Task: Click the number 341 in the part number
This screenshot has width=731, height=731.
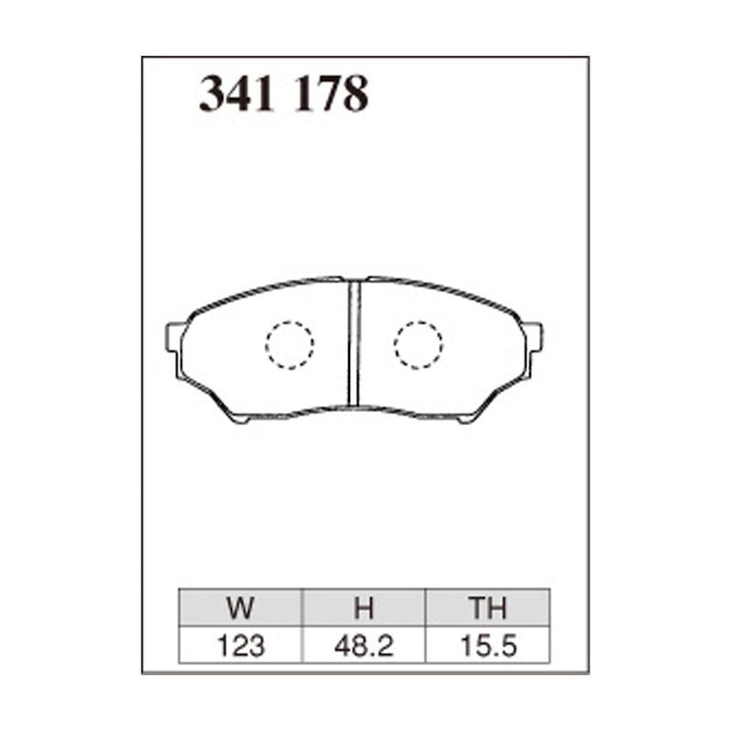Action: [x=239, y=94]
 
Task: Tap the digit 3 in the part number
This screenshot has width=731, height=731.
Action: [x=213, y=94]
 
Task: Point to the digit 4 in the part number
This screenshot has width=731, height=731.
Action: [x=240, y=94]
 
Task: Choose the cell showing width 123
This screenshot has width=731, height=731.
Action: [x=241, y=646]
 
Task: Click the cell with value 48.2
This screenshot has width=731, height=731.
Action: [x=365, y=646]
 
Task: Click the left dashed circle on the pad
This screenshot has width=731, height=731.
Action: [x=290, y=344]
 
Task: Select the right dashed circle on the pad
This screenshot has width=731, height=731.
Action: [x=418, y=344]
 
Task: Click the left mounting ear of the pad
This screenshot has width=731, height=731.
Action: [x=174, y=337]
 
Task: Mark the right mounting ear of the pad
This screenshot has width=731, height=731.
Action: [x=534, y=337]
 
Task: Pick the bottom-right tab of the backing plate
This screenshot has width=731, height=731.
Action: [x=469, y=418]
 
